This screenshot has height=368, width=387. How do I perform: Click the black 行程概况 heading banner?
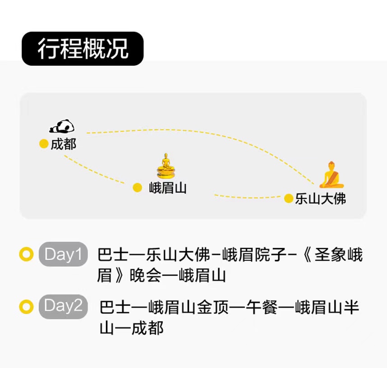[x=83, y=49]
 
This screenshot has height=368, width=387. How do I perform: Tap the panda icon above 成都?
[x=62, y=126]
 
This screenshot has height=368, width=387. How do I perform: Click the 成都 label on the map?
[x=64, y=144]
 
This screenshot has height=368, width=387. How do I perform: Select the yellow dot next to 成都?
[x=44, y=144]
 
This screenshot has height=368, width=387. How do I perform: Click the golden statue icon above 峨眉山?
[x=166, y=166]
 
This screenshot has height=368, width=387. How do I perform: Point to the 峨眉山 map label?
[x=168, y=188]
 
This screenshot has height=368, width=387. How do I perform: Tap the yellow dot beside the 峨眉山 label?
[x=137, y=188]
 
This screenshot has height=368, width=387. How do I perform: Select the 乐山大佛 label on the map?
[x=321, y=199]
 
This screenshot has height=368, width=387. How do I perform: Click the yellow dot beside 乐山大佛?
[x=289, y=198]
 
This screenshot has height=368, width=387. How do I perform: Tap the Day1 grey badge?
[x=63, y=254]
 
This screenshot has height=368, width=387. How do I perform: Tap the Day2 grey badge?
[x=63, y=307]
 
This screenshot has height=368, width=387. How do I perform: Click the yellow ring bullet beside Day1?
[x=26, y=254]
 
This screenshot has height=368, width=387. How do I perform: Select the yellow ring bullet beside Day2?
[x=26, y=307]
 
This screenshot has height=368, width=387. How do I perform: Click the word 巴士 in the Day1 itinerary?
[x=113, y=255]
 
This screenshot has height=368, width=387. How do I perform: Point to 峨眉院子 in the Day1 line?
[x=254, y=255]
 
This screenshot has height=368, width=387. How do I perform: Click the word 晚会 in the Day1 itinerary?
[x=146, y=276]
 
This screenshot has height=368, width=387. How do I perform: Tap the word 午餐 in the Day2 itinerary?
[x=263, y=307]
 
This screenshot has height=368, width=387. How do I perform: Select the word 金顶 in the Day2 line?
[x=212, y=307]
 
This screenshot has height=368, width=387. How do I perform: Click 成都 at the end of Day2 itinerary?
[x=147, y=328]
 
